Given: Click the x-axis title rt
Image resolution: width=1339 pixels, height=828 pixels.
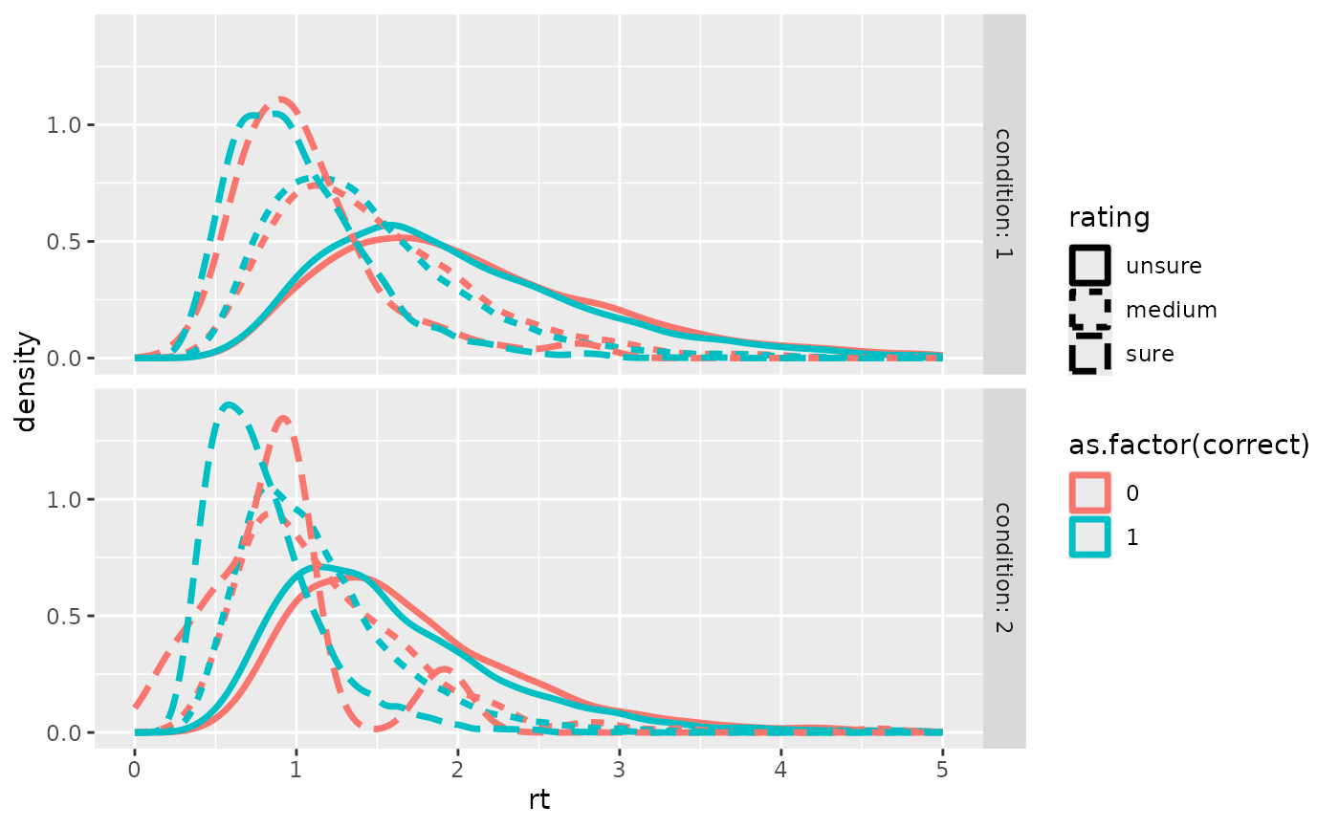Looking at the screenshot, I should (x=539, y=800).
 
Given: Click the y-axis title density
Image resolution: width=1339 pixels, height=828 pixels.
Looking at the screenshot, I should (x=27, y=382).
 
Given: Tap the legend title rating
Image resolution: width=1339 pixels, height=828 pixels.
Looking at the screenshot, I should (x=1109, y=218).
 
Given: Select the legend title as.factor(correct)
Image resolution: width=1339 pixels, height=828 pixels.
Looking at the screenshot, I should (x=1189, y=446).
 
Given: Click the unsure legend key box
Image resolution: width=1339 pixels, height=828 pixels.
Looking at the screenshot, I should (x=1090, y=265).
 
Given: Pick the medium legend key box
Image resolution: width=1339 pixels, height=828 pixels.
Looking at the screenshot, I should (x=1090, y=309).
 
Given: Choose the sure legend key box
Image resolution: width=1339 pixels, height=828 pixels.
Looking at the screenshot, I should (x=1090, y=353).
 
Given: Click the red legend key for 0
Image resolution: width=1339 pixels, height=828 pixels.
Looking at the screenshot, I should (x=1090, y=492).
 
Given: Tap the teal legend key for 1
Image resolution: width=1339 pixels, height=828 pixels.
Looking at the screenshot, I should (x=1090, y=537).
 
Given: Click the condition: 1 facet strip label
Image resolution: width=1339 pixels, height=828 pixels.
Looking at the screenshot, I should (x=1004, y=195).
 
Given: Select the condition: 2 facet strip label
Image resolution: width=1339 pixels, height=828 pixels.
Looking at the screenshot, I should (x=1004, y=568).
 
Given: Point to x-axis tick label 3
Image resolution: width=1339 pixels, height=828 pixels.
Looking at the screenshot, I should (x=619, y=768).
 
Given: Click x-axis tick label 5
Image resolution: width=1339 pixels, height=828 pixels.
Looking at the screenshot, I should (x=942, y=768).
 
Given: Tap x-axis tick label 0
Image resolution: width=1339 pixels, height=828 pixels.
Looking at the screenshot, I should (x=135, y=768).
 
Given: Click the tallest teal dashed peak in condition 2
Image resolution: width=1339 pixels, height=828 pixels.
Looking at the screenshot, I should (x=228, y=404).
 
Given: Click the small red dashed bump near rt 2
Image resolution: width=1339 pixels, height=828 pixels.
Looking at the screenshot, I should (x=446, y=670).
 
